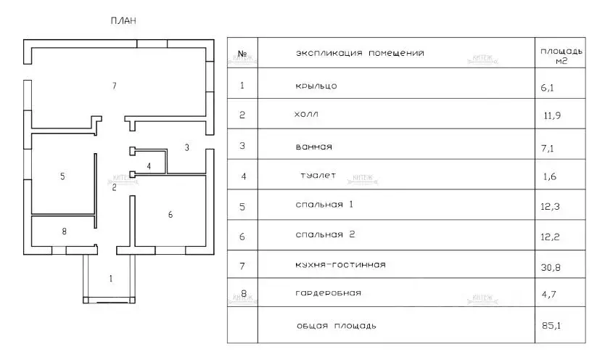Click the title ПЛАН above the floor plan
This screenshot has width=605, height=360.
pos(123,20)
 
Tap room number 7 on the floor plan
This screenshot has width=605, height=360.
pos(114,86)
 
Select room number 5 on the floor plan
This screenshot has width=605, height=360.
pos(62,176)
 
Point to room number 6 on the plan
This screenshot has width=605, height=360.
pos(170,215)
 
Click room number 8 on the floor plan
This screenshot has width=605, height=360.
pos(64,231)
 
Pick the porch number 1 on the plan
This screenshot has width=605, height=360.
pos(111,278)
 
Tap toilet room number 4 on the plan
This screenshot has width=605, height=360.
pos(149,166)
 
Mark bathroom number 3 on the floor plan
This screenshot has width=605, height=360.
pos(186,147)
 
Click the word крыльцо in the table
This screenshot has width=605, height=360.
pos(316,86)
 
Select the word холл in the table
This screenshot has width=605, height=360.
pos(306,114)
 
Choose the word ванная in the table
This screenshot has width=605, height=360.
pos(313,147)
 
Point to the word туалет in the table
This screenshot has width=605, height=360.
pos(318,176)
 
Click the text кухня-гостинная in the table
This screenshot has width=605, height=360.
pos(341,265)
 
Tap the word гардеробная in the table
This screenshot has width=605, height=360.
pos(329,293)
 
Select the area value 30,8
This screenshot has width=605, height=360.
pos(551,267)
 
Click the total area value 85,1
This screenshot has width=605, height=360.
pos(551,325)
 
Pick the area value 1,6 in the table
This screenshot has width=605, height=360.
pos(549,176)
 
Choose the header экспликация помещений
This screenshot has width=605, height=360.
pos(360,53)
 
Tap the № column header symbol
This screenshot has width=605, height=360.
pos(242,54)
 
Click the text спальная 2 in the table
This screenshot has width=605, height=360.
pos(325,234)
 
